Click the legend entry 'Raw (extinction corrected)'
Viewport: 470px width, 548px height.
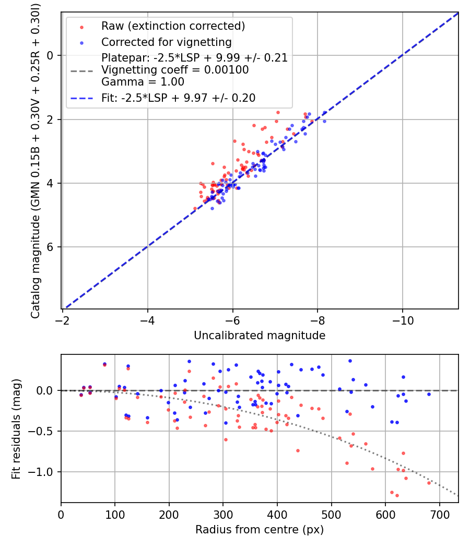coord(173,26)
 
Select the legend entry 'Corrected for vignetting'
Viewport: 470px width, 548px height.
coord(167,42)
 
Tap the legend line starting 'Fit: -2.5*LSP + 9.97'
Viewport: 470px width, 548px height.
coord(178,98)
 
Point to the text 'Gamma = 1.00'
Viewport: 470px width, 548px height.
coord(143,81)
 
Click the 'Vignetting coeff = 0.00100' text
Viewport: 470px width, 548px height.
coord(175,70)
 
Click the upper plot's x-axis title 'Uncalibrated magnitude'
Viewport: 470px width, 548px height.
coord(260,336)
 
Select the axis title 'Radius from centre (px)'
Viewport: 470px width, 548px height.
coord(260,530)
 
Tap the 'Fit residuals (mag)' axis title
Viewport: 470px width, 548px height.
coord(16,428)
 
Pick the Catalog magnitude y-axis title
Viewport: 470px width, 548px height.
coord(36,161)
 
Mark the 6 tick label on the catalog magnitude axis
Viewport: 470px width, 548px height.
coord(51,247)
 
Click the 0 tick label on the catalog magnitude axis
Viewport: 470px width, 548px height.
coord(51,55)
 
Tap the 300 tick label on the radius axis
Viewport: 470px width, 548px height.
coord(223,514)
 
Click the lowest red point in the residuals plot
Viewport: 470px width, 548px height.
coord(397,495)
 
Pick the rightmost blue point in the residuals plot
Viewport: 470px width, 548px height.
coord(429,394)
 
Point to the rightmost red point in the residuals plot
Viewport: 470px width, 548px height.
coord(429,483)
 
